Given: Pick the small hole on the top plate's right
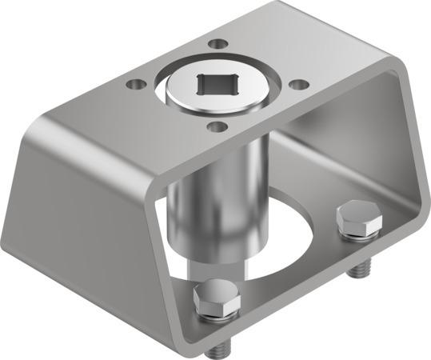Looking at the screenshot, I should (x=298, y=83).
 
